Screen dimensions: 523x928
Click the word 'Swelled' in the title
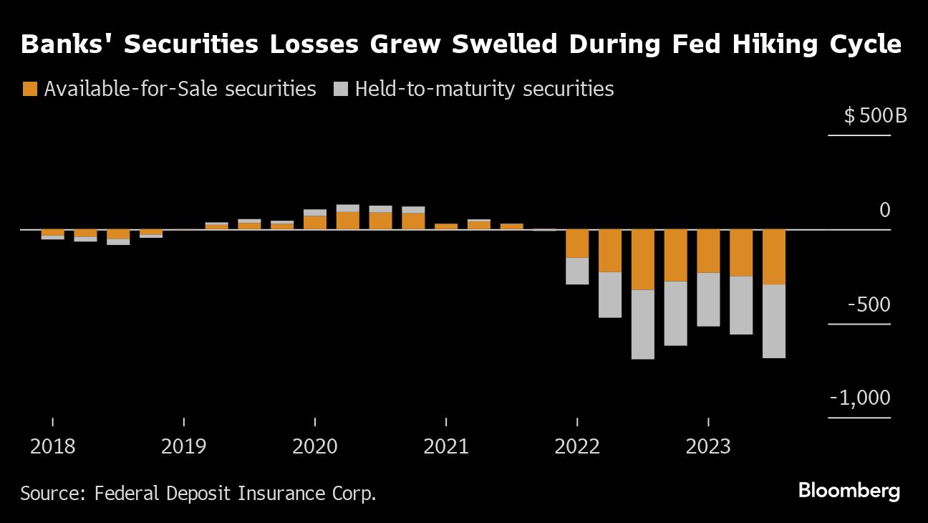click(496, 44)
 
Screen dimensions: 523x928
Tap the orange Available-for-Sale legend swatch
click(30, 89)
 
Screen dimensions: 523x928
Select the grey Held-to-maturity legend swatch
click(341, 89)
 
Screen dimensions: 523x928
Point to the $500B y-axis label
click(875, 115)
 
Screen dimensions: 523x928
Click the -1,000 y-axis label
click(860, 398)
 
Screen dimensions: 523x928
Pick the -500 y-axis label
click(869, 304)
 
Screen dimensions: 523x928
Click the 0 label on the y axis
click(884, 210)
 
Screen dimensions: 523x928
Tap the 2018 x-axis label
click(53, 447)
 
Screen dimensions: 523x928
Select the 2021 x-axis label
click(446, 447)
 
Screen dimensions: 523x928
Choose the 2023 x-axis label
click(708, 447)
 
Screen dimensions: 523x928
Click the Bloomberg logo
click(849, 491)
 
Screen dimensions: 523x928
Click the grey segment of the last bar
click(774, 321)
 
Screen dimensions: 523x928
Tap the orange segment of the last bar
click(774, 256)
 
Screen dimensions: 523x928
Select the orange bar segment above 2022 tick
click(577, 244)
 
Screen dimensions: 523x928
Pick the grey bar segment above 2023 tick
click(708, 299)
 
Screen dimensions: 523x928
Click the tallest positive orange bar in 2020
click(348, 220)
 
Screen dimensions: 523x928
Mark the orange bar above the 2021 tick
click(446, 226)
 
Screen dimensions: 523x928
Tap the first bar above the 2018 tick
click(53, 233)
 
